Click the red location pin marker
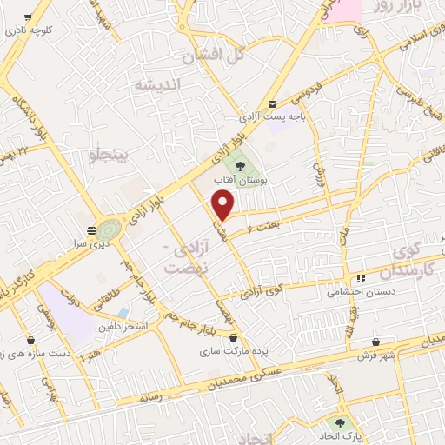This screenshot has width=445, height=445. click(223, 204)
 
